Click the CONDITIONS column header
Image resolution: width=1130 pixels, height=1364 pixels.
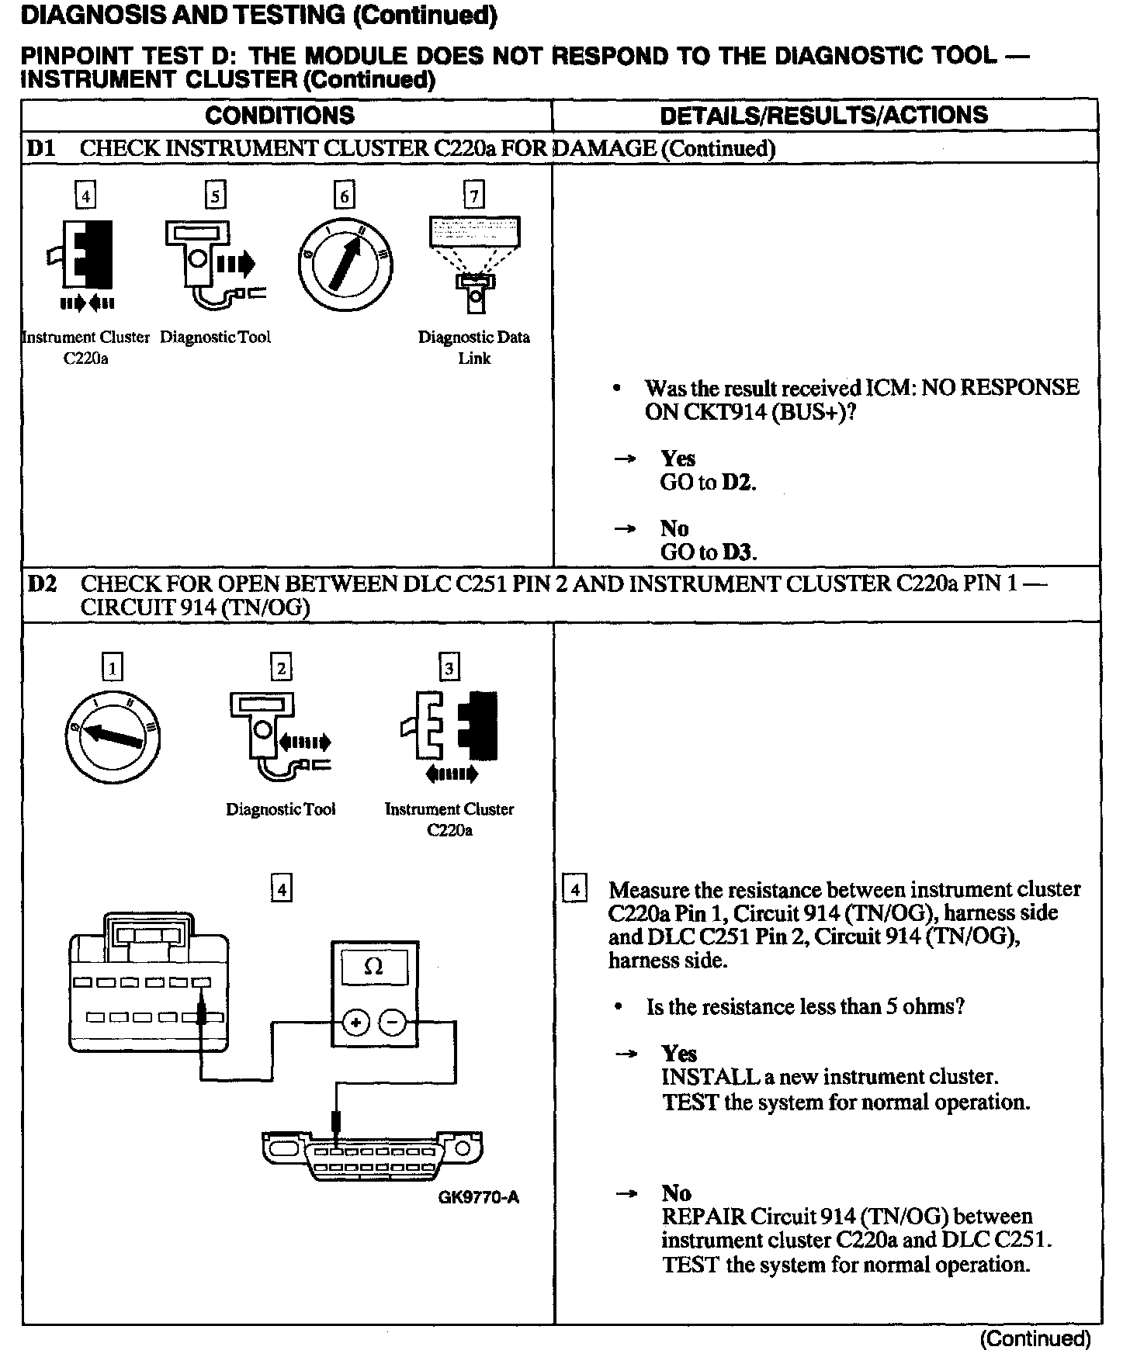tap(279, 116)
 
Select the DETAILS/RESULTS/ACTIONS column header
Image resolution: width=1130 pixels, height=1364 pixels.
tap(823, 116)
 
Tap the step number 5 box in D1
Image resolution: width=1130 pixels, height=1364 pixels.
tap(215, 196)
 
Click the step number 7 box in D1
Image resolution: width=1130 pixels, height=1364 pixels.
tap(473, 195)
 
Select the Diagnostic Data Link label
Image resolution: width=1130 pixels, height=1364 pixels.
tap(474, 347)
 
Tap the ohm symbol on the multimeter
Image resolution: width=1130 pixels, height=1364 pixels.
tap(373, 968)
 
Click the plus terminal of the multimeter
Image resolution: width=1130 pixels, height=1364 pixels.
tap(355, 1024)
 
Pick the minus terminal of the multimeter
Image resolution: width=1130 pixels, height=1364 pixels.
tap(392, 1024)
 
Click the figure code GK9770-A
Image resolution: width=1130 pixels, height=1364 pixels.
tap(478, 1197)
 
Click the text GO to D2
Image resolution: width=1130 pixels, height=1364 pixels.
tap(708, 483)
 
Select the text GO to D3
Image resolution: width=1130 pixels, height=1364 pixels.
tap(708, 552)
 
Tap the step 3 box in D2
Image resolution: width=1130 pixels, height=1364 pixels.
tap(449, 668)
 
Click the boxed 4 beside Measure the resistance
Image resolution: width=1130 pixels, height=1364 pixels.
tap(574, 889)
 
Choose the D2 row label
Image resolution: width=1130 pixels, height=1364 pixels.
tap(42, 583)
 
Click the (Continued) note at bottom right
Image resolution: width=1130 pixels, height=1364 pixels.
tap(1035, 1338)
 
